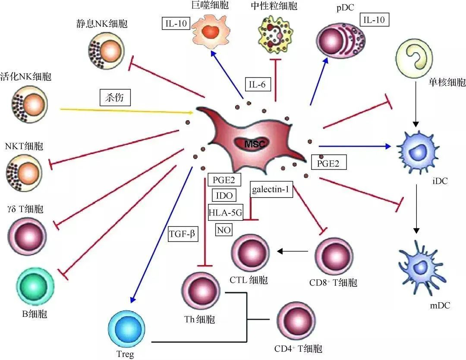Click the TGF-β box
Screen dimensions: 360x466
pyautogui.click(x=183, y=235)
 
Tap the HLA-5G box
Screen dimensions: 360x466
pyautogui.click(x=225, y=212)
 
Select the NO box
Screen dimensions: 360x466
pyautogui.click(x=223, y=229)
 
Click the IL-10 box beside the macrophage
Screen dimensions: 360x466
pyautogui.click(x=176, y=23)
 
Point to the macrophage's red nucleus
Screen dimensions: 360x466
pyautogui.click(x=211, y=31)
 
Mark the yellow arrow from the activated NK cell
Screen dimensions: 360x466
pyautogui.click(x=125, y=111)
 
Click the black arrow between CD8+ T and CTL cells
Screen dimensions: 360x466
pyautogui.click(x=292, y=250)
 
